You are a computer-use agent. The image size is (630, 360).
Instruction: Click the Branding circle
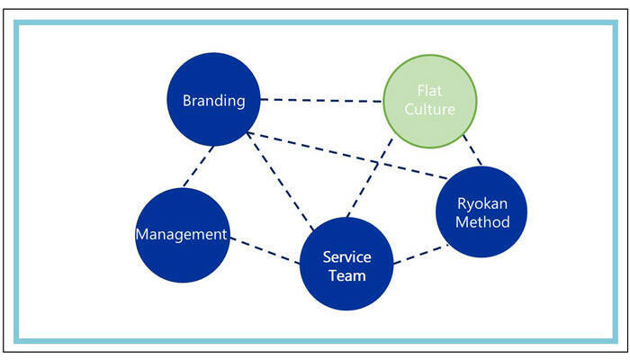click(x=213, y=100)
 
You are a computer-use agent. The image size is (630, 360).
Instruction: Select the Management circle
click(x=181, y=234)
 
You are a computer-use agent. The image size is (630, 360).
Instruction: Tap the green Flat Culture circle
click(x=430, y=101)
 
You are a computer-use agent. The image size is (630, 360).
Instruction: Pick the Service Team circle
click(x=346, y=263)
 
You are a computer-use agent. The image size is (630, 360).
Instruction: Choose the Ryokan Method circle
click(x=482, y=212)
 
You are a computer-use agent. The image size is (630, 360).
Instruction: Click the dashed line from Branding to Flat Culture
click(x=320, y=100)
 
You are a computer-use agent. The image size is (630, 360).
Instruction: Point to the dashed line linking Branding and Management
click(x=197, y=166)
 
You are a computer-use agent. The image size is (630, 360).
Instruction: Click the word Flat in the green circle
click(x=430, y=91)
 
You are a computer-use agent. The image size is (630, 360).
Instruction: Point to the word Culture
click(x=430, y=110)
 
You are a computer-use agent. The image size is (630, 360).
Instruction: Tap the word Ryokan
click(x=482, y=202)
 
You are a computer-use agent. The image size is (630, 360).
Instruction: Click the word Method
click(x=482, y=222)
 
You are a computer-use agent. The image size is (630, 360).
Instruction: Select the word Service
click(x=346, y=256)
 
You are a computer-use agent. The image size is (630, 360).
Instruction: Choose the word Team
click(x=346, y=275)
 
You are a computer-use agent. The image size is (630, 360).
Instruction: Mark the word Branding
click(x=213, y=101)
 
